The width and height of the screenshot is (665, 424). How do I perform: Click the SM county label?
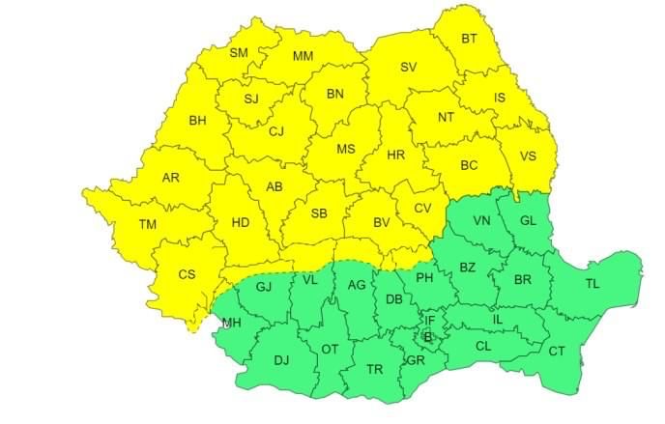coord(239,52)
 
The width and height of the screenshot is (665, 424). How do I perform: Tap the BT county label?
coord(469,39)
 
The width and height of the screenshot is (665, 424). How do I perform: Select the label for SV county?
coord(408,67)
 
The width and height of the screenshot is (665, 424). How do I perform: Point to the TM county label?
coord(148,224)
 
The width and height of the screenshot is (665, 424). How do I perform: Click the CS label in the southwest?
coord(188,274)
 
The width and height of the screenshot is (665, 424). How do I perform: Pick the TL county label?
coord(593,283)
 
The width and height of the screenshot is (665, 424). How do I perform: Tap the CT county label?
coord(557,351)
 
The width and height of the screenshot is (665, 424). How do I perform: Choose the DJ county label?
coord(281,360)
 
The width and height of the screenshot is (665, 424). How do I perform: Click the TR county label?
coord(375,368)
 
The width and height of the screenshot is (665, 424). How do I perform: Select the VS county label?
coord(528,156)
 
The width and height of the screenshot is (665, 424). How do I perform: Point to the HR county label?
coord(395,155)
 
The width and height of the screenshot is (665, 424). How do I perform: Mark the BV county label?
coord(382,223)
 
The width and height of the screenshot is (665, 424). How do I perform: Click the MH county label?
coord(232,323)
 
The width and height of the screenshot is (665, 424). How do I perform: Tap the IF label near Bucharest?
coord(430,320)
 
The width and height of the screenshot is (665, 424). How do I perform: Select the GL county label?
coord(527,220)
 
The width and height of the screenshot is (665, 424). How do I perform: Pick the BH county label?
coord(198,121)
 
